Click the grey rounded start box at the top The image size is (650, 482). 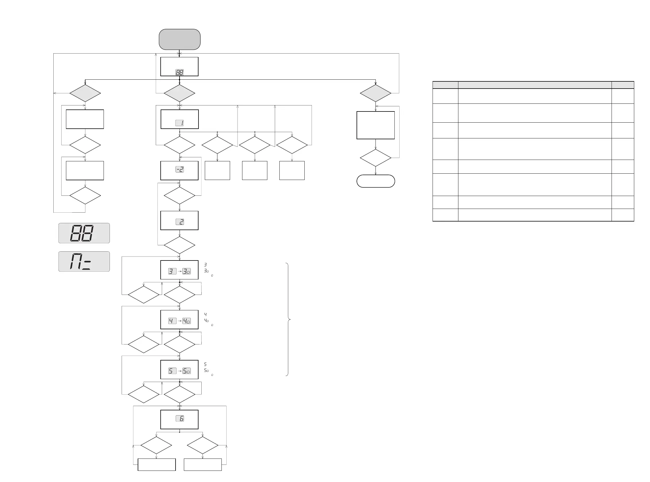click(x=179, y=39)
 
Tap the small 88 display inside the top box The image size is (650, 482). click(x=179, y=73)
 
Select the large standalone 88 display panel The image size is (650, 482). click(x=84, y=233)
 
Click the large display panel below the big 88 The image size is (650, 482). click(x=84, y=261)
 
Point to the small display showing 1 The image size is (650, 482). click(x=179, y=123)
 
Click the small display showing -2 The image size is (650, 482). click(x=179, y=169)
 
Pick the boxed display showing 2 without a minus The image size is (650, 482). click(x=180, y=222)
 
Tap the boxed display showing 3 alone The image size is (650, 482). click(x=172, y=271)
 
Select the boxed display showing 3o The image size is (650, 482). click(x=186, y=271)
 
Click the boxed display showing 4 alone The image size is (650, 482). click(x=172, y=321)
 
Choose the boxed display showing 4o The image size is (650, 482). click(x=186, y=321)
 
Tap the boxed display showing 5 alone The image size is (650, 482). click(x=172, y=371)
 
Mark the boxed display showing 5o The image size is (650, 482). click(x=186, y=371)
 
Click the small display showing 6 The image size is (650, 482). click(x=180, y=419)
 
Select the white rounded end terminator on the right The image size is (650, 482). click(x=375, y=181)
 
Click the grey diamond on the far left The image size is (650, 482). click(x=85, y=93)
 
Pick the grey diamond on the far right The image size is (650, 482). click(x=375, y=93)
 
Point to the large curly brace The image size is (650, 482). click(x=288, y=320)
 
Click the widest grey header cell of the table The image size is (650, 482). click(x=534, y=85)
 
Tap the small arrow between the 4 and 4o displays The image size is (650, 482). click(x=180, y=321)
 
